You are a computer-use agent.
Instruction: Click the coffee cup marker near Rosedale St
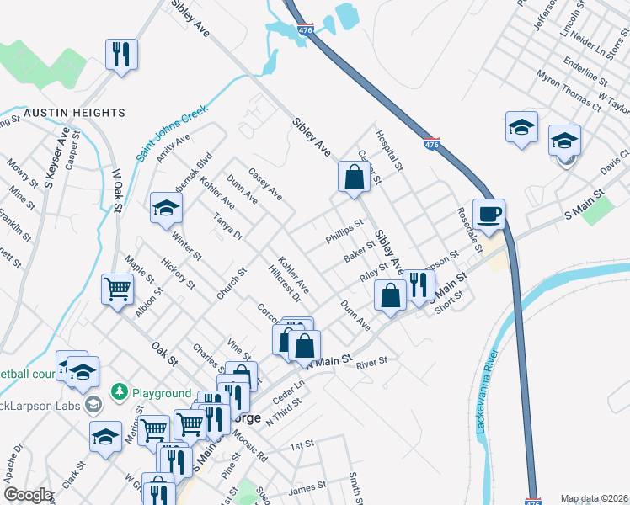point(489,214)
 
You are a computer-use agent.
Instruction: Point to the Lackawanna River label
point(486,391)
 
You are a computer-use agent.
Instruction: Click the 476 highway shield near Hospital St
point(431,145)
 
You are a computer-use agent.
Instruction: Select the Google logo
point(27,495)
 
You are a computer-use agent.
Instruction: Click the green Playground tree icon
point(120,393)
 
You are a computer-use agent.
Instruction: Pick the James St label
point(307,486)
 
